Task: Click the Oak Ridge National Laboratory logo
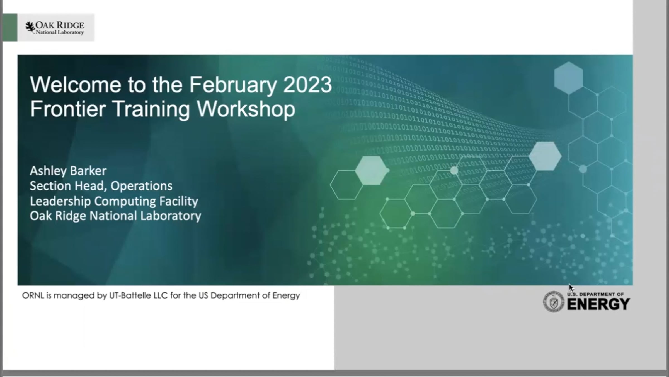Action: [x=55, y=28]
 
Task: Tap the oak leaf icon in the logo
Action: [x=30, y=27]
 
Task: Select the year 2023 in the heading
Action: [x=307, y=85]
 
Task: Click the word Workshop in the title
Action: [x=246, y=109]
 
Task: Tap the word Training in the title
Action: [x=152, y=109]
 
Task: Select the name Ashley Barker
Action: [x=68, y=171]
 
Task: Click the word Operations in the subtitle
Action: [x=141, y=186]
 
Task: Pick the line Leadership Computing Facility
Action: [x=114, y=201]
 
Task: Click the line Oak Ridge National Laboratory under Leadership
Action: [x=115, y=216]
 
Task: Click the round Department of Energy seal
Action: [x=554, y=302]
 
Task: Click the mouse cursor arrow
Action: [x=571, y=288]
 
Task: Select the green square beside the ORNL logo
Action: [x=10, y=27]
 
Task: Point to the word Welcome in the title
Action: [x=76, y=85]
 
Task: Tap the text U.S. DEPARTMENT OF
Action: [x=595, y=294]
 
